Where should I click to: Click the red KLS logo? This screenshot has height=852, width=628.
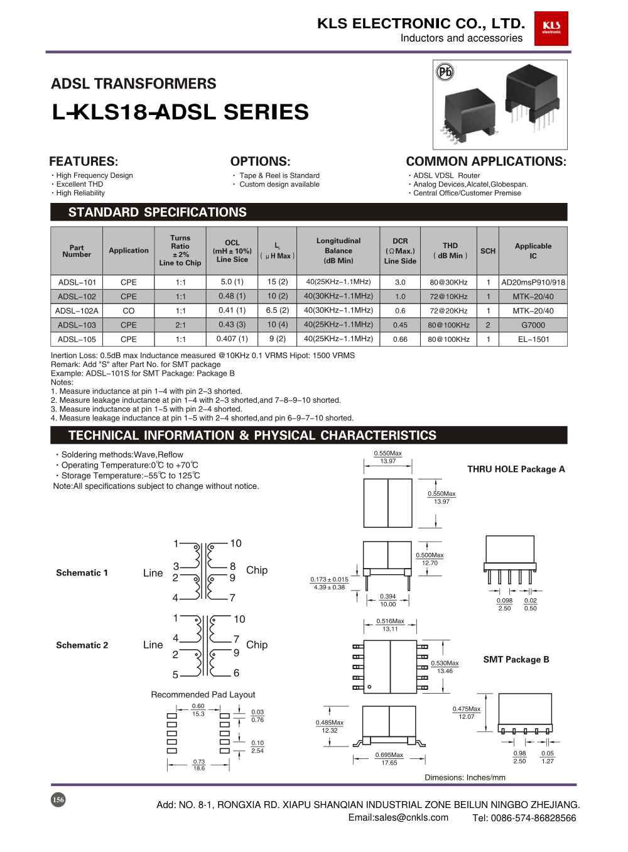tap(551, 28)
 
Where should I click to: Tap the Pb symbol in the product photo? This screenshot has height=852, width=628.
tap(445, 72)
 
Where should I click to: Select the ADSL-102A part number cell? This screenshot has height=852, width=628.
tap(77, 310)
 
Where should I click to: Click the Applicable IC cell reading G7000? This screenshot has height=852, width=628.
tap(533, 325)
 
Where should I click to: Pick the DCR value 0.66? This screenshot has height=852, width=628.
tap(400, 339)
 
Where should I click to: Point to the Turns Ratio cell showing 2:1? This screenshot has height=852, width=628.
tap(180, 325)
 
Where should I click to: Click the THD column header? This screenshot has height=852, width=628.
tap(450, 251)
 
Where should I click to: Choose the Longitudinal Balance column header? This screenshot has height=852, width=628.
tap(338, 251)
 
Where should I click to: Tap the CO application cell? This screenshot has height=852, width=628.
tap(129, 310)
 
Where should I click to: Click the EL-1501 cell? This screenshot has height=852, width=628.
tap(533, 339)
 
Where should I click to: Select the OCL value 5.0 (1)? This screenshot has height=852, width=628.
tap(232, 282)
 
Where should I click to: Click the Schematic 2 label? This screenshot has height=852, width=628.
tap(82, 645)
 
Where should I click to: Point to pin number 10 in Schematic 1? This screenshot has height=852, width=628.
tap(235, 543)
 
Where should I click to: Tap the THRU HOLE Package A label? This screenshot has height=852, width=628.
tap(516, 469)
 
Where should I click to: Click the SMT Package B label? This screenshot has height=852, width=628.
tap(516, 660)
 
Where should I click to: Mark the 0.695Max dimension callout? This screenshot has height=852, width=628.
tap(389, 755)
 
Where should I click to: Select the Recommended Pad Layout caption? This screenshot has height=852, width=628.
tap(203, 694)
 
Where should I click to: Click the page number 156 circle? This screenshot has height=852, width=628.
tap(58, 800)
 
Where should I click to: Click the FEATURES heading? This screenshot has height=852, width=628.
tap(84, 161)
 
